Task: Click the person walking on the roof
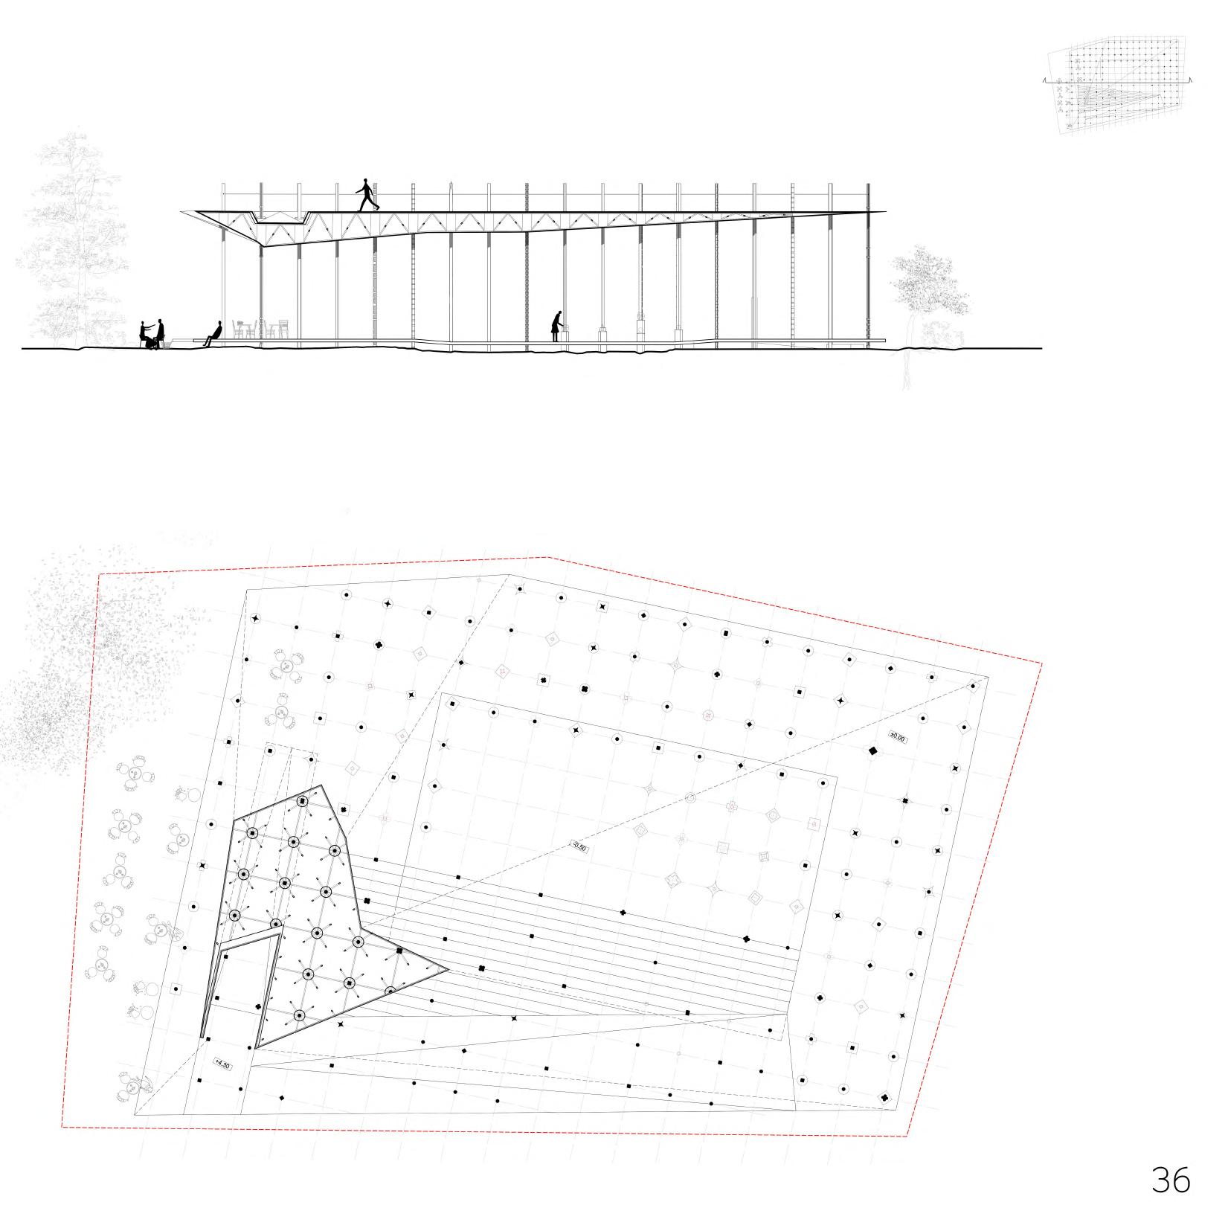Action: [366, 195]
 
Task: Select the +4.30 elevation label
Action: [222, 1064]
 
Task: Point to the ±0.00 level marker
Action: [899, 738]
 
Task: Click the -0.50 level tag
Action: [578, 846]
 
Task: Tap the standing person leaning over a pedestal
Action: [557, 326]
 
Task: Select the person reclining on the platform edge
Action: [214, 333]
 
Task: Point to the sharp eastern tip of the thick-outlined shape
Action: [446, 969]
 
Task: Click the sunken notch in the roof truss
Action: [280, 218]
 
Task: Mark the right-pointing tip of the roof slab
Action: [885, 212]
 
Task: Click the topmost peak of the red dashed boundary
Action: [548, 556]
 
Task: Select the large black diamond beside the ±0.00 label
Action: [872, 751]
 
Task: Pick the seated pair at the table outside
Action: [152, 335]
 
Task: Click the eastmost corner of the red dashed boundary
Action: [1041, 664]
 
